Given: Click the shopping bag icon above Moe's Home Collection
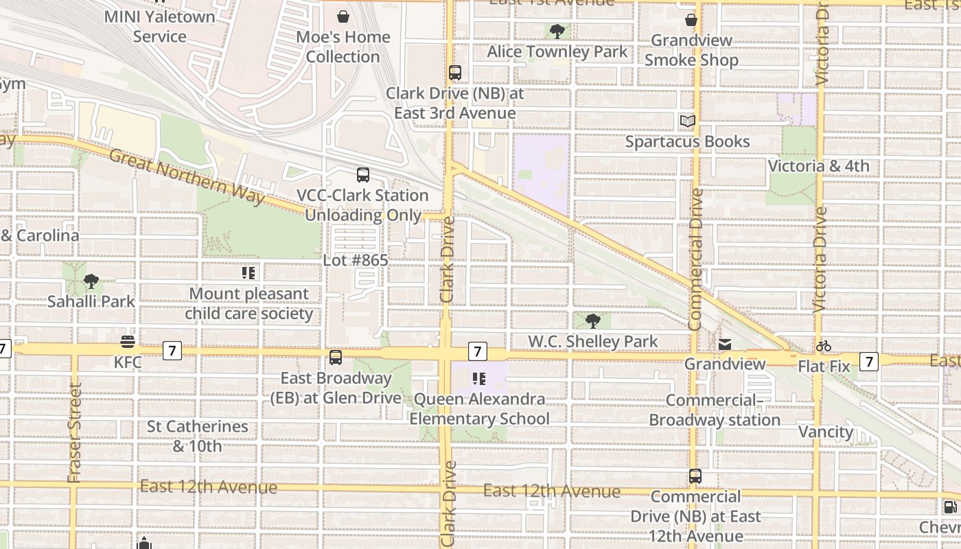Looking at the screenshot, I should point(343,16).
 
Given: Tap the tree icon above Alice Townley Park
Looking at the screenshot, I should point(557,32).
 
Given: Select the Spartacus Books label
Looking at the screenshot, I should point(687,141).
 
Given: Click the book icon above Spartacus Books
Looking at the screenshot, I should point(687,121).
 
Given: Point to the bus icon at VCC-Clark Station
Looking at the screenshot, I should point(363,175).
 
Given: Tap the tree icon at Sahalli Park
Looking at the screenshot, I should point(91,281).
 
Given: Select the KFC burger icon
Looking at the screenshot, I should point(128,342).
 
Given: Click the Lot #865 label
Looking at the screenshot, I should point(356,260).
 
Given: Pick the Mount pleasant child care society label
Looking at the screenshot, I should point(248,303).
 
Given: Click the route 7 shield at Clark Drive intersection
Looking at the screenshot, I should point(477,351).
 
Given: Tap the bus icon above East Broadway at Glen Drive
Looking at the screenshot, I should point(336,357).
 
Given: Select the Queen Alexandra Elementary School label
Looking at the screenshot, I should point(480,409).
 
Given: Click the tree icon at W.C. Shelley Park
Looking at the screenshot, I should point(592,321).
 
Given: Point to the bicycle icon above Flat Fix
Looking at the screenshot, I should point(824,346).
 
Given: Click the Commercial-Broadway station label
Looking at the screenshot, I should point(715,410).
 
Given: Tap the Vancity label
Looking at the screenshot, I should point(826,432).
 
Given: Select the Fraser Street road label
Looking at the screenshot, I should point(74,432).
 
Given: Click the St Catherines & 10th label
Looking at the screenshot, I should point(198,436).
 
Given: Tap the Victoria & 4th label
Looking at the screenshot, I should point(818,166).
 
